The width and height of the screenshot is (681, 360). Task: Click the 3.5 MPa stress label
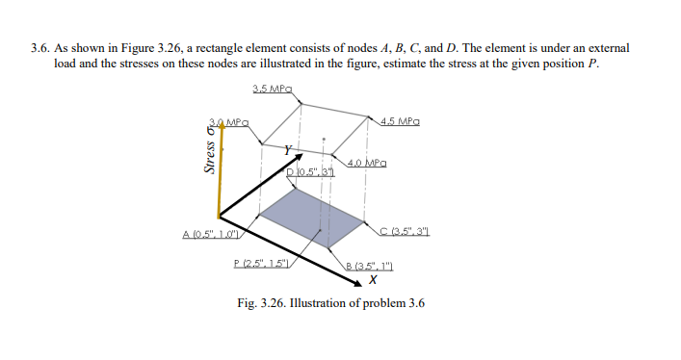coord(272,90)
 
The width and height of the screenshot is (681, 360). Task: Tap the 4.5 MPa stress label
coord(399,122)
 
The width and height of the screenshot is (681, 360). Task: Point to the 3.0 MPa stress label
coord(232,122)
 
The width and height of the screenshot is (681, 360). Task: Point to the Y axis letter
coord(286,150)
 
